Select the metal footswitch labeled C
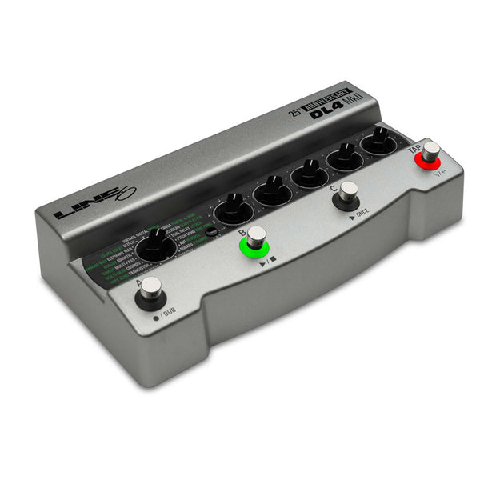[348, 192]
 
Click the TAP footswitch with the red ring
[431, 151]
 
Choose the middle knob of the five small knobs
[310, 172]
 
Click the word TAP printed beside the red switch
[414, 149]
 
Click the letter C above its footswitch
[333, 190]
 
